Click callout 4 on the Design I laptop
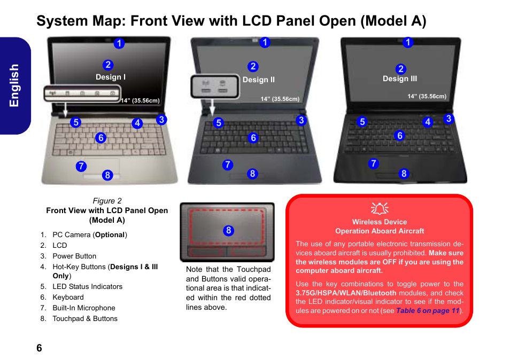137,123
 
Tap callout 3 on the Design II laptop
301,121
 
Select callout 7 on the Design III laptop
373,163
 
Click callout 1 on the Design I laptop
119,43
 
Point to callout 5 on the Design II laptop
219,123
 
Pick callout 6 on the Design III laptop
400,136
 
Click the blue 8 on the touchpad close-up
228,231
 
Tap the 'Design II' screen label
259,80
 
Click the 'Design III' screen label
400,79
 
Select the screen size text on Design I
140,100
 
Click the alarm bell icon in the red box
380,209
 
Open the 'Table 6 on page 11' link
427,311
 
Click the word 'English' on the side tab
14,85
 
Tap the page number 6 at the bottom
39,348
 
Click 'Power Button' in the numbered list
74,256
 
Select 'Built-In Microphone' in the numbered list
84,308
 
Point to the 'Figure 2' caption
107,201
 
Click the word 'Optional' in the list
110,235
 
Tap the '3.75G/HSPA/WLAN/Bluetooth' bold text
346,293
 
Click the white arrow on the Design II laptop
212,107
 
